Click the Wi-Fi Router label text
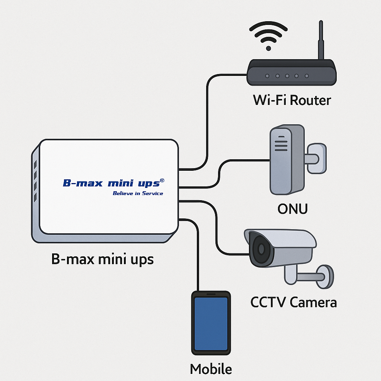coord(292,100)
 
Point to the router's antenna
coord(320,41)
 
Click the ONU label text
coord(292,209)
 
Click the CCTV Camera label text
coord(294,302)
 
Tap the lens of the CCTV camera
coord(260,248)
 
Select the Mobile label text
coord(211,369)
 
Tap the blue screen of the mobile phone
coord(211,323)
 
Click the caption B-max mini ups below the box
coord(102,259)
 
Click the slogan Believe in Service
coord(138,193)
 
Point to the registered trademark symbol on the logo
coord(162,180)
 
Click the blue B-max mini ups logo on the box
coord(112,183)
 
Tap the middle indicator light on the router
coord(287,76)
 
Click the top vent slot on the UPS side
coord(35,164)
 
